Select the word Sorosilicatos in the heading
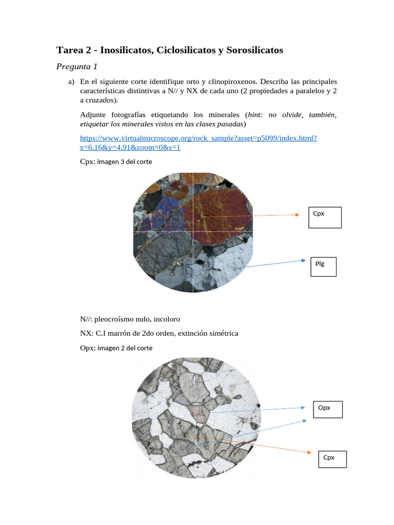254,50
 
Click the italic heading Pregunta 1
76,67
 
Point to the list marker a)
71,82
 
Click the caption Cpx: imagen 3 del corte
116,161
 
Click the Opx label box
327,409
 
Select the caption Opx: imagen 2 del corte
116,348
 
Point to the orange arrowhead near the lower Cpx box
308,452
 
